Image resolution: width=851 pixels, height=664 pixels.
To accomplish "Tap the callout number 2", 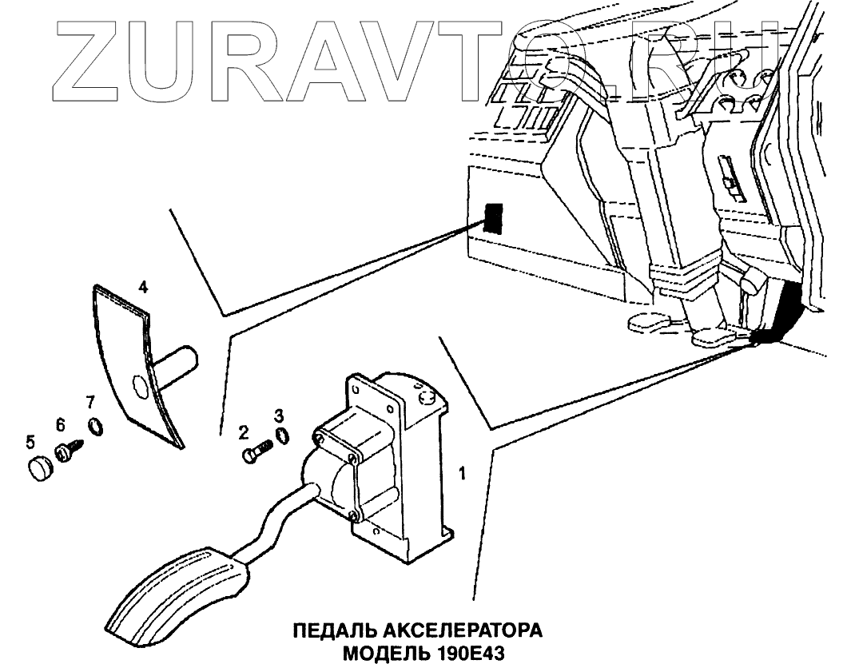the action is (x=243, y=433).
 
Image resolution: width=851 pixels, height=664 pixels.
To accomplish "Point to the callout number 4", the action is (x=142, y=285).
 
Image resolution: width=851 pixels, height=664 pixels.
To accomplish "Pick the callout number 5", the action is (x=30, y=440).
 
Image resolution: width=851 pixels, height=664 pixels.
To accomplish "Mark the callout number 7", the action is (x=90, y=400).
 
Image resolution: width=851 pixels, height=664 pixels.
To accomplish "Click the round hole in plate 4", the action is (x=138, y=387).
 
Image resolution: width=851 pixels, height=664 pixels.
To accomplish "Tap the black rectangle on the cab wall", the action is (x=494, y=217).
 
